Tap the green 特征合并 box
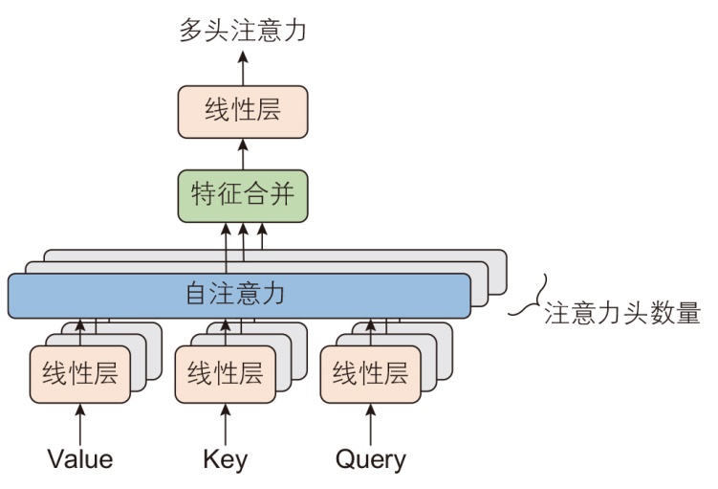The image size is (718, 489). pos(243,195)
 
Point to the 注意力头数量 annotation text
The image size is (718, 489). pos(623,314)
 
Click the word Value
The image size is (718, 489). pos(80,459)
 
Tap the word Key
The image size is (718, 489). pos(226,459)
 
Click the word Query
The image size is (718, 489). pos(370,459)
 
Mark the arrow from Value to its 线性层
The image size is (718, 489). pos(80,422)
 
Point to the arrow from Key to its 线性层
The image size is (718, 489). pos(226,422)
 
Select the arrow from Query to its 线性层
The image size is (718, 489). pos(370,422)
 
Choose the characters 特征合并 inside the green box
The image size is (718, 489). pos(243,195)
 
